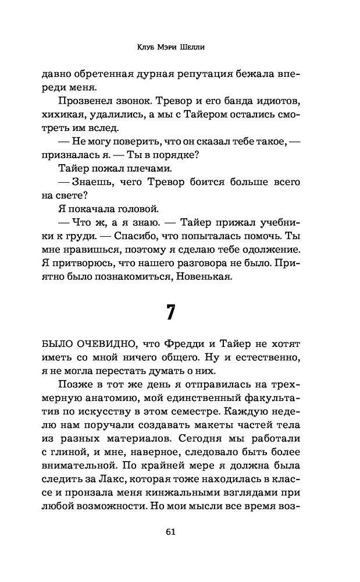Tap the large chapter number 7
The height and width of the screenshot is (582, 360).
171,313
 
